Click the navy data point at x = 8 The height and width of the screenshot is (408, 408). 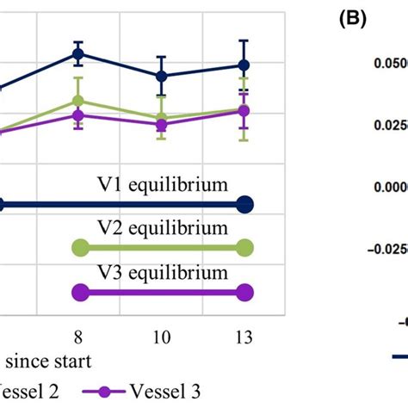(78, 53)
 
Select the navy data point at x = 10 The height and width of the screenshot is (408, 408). (161, 76)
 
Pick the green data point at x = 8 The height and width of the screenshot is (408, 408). (78, 101)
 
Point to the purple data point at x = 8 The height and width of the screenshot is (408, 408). (78, 115)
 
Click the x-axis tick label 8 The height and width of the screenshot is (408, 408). (78, 332)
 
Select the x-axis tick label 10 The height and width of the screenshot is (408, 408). (161, 332)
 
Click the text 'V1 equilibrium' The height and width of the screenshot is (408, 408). (161, 184)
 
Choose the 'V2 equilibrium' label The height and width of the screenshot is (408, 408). (161, 229)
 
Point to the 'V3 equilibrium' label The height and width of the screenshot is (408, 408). (161, 273)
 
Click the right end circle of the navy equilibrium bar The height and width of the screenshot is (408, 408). (244, 205)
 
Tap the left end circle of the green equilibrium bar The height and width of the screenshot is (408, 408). (79, 249)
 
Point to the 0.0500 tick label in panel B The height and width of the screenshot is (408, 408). (383, 64)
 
